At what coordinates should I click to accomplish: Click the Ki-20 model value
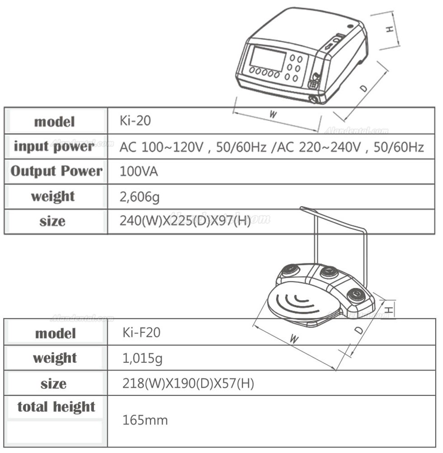135,120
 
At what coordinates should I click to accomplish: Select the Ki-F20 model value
141,332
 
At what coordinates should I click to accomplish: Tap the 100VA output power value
139,171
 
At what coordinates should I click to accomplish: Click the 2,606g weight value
140,197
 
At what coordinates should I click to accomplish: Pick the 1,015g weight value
142,358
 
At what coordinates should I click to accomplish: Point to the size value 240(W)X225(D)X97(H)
185,221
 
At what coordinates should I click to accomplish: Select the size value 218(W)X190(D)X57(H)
188,384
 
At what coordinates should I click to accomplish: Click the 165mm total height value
145,420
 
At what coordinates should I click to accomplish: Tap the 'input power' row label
54,146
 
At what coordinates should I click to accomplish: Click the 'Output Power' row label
57,171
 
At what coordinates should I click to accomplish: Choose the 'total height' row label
56,407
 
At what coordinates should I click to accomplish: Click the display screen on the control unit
267,59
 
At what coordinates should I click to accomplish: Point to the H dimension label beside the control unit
389,29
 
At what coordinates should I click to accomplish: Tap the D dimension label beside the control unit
364,88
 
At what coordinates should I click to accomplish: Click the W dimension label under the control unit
273,115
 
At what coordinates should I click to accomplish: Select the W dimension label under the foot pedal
294,338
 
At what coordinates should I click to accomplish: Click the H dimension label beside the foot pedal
389,310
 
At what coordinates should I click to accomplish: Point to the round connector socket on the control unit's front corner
314,99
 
